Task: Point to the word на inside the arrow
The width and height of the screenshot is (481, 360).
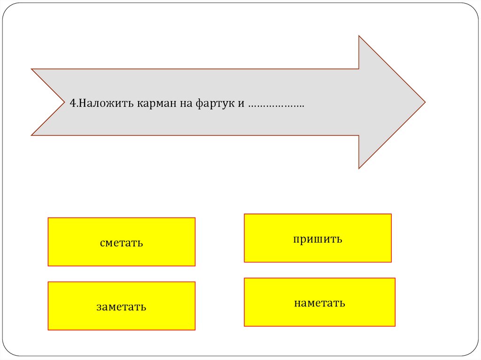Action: [183, 103]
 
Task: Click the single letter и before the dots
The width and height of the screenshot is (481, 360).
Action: [240, 103]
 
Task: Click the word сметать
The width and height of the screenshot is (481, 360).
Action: [121, 243]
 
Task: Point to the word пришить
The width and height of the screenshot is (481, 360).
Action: [318, 239]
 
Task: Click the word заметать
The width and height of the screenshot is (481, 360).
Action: [121, 307]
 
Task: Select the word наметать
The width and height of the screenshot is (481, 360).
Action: [319, 303]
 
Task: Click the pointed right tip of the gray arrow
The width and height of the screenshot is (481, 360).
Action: [424, 102]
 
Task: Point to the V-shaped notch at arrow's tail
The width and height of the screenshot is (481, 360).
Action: [64, 102]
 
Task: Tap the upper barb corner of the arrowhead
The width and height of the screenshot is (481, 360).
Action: [359, 37]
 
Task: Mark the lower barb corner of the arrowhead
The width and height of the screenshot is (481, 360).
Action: [359, 168]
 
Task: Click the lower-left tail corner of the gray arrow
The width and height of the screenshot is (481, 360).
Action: [32, 135]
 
